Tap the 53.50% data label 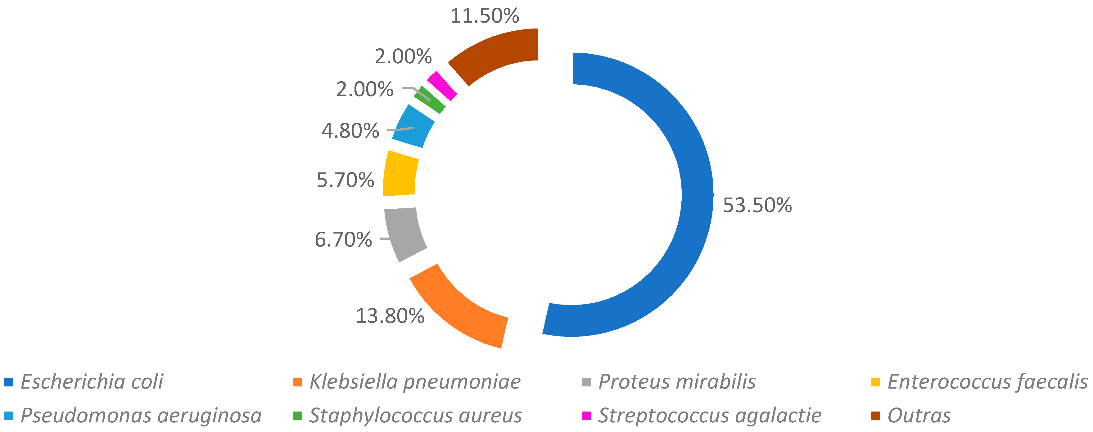pos(757,205)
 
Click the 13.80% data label pos(390,316)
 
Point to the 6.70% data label pos(343,239)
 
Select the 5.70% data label pos(345,180)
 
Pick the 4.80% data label pos(350,131)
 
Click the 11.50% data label pos(484,16)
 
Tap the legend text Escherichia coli pos(92,381)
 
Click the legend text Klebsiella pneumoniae pos(414,381)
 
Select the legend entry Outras pos(919,416)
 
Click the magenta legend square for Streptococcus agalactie pos(586,416)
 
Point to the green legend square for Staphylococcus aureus pos(297,416)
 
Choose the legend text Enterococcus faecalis pos(987,381)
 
